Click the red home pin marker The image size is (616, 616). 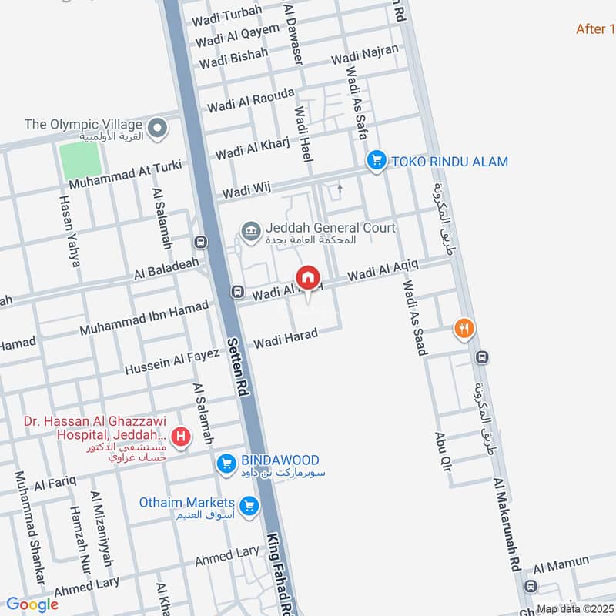tap(308, 277)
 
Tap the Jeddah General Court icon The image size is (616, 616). tap(250, 229)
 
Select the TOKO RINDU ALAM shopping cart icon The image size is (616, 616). tap(376, 160)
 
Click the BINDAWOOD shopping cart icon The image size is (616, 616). tap(226, 462)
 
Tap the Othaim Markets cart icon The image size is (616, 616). tap(248, 506)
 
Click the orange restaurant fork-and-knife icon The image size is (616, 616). tap(464, 328)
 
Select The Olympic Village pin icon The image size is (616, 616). tap(159, 128)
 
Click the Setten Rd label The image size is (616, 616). tap(236, 367)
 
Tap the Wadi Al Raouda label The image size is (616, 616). tap(250, 100)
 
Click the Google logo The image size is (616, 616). tap(32, 604)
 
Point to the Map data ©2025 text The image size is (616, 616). tap(575, 609)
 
